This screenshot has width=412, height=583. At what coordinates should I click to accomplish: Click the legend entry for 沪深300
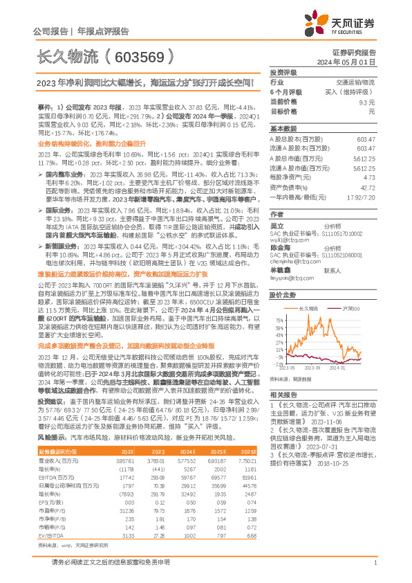351,289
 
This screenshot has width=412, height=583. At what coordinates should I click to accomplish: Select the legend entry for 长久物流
307,289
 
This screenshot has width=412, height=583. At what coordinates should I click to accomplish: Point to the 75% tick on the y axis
277,302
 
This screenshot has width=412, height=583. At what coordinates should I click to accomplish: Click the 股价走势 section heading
283,275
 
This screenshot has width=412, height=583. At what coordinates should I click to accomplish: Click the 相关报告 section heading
283,393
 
